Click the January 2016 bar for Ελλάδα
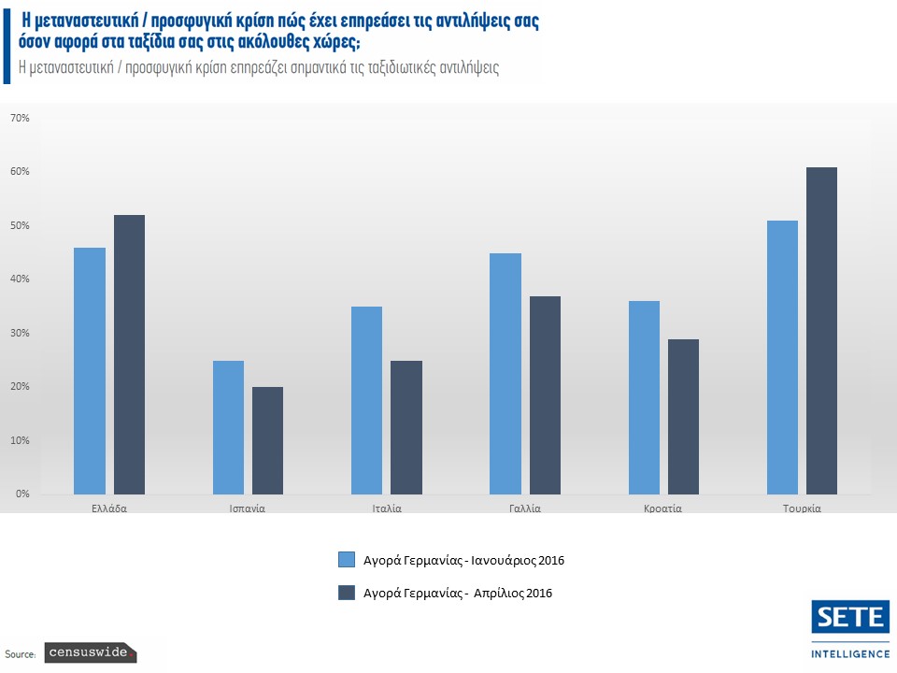[x=90, y=371]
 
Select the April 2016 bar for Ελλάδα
[x=129, y=355]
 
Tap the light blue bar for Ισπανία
[x=228, y=427]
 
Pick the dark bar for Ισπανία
[x=267, y=440]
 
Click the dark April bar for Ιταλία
[x=406, y=427]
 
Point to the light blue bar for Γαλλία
[x=505, y=374]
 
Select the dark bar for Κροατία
[x=683, y=417]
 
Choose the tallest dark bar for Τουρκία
[x=821, y=331]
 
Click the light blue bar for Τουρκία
[x=782, y=357]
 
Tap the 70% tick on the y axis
[x=21, y=119]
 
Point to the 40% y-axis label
[x=21, y=279]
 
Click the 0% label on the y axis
[x=21, y=494]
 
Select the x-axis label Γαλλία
[x=524, y=509]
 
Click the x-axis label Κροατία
[x=662, y=509]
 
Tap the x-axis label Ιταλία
[x=386, y=509]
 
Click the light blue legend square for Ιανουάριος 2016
[x=347, y=560]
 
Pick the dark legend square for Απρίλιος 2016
[x=347, y=593]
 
